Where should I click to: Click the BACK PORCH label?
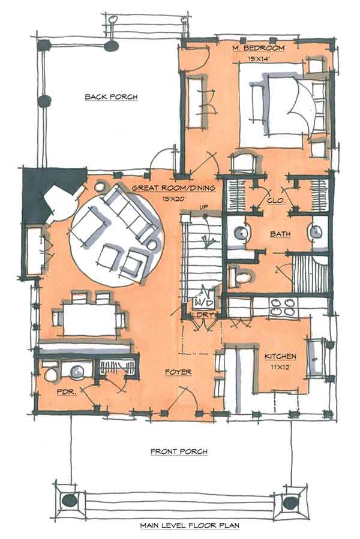point(111,97)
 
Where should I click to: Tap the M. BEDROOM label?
point(258,47)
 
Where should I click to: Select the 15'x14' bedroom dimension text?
point(259,59)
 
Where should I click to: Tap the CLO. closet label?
point(275,201)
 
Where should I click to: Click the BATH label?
point(280,233)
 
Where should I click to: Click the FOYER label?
point(178,372)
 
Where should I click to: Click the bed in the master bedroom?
point(282,111)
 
